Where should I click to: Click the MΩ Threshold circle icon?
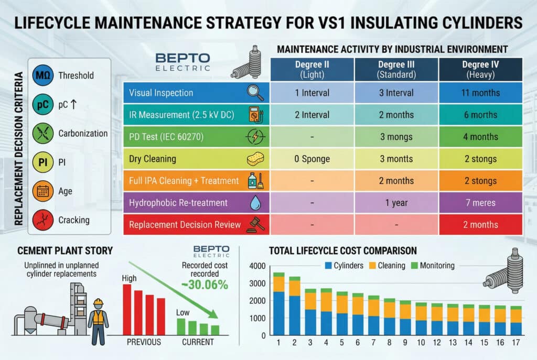tap(42, 75)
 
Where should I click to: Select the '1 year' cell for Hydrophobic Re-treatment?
tap(396, 203)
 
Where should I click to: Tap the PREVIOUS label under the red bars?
tap(143, 342)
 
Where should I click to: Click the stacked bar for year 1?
tap(278, 304)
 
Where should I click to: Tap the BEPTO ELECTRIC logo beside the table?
tap(183, 61)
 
